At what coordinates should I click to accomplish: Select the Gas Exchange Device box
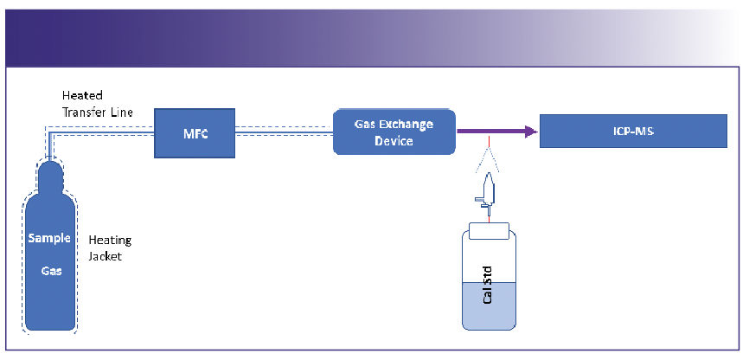(394, 132)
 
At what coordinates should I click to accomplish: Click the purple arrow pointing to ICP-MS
(493, 132)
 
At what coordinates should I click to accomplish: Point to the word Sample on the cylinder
(48, 238)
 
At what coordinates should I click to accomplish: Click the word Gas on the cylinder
(48, 270)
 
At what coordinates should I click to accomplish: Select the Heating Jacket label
(110, 247)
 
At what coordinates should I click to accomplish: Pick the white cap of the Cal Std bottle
(490, 231)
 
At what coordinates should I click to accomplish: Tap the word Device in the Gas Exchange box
(394, 141)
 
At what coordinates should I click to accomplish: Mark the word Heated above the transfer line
(82, 94)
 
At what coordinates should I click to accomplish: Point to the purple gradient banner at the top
(259, 35)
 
